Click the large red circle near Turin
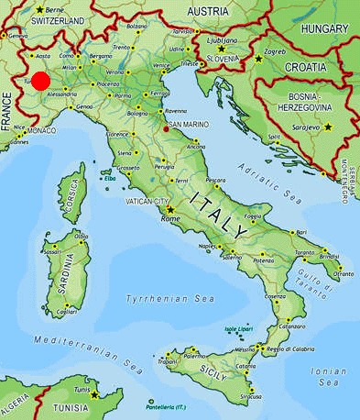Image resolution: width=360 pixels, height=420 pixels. [40, 82]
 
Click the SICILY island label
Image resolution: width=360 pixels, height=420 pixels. [212, 370]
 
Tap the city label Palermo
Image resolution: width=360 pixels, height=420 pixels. [194, 356]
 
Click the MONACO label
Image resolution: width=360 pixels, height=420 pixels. [41, 131]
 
